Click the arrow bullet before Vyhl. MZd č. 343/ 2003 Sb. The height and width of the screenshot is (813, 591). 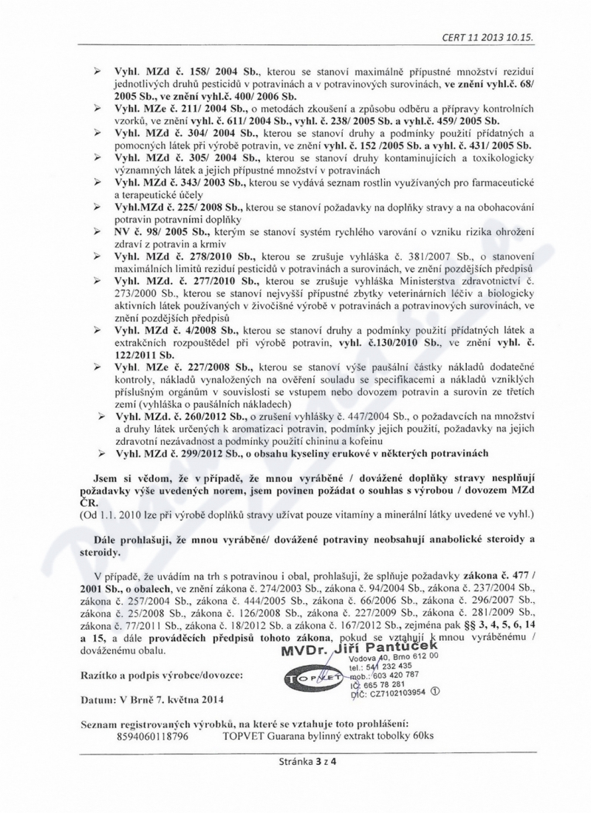[x=96, y=182]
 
